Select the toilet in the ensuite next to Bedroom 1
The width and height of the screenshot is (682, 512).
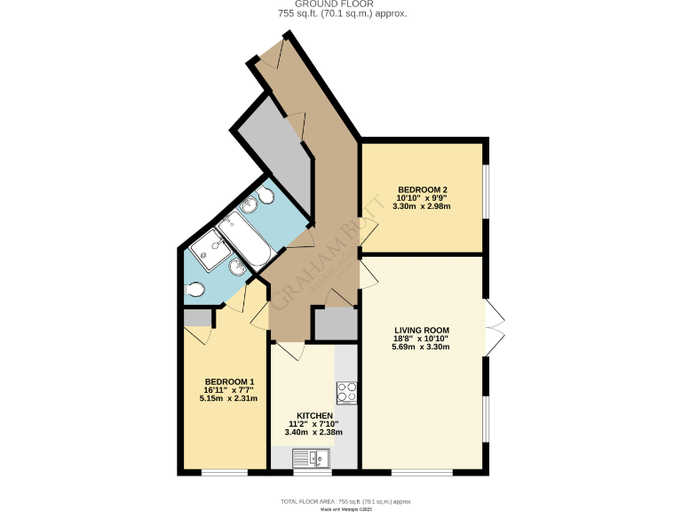pos(195,289)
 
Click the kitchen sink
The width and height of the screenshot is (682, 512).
pos(313,458)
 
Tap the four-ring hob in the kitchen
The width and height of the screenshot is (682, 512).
pos(346,392)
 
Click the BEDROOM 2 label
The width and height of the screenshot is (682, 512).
pos(422,189)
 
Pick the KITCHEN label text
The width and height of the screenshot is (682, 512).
pos(314,416)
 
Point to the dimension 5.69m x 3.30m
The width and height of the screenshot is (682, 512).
pos(423,347)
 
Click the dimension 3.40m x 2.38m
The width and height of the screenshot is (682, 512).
pos(313,433)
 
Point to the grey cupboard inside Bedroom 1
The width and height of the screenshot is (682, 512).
pos(197,317)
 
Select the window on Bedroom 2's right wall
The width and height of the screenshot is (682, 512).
pos(485,191)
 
